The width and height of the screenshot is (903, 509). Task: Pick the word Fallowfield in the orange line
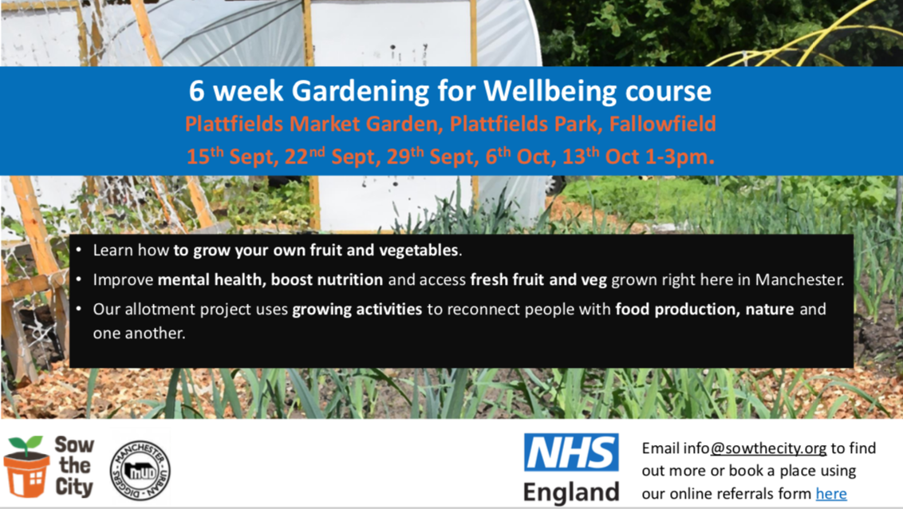tap(662, 124)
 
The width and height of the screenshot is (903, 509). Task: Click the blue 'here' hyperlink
tap(831, 494)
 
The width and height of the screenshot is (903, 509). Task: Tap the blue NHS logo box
tap(570, 452)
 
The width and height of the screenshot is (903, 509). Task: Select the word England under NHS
tap(570, 492)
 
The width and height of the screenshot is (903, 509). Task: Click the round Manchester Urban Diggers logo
tap(140, 471)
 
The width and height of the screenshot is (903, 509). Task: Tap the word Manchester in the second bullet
tap(799, 280)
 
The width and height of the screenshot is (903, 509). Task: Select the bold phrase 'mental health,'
tap(212, 280)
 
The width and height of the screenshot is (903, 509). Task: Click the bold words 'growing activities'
tap(357, 310)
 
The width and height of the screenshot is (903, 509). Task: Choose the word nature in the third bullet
tap(770, 310)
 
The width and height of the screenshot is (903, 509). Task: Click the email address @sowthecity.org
tap(768, 448)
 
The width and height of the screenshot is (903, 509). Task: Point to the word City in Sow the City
tap(74, 487)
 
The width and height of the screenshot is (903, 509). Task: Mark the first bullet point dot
tap(79, 251)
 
